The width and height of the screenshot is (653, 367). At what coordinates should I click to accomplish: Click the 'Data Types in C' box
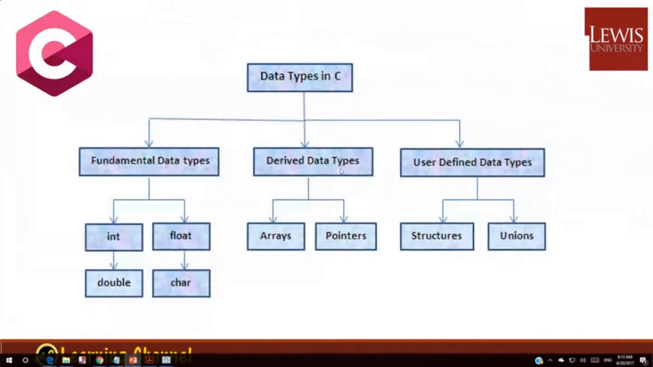click(x=299, y=77)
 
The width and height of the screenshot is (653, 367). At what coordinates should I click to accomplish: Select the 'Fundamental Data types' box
click(x=149, y=162)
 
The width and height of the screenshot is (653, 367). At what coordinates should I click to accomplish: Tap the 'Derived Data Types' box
click(x=313, y=162)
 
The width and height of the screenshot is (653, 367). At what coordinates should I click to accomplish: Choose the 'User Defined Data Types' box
click(x=472, y=163)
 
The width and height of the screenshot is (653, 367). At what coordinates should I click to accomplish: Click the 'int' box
click(x=114, y=237)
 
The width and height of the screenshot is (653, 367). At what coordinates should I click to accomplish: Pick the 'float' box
click(x=181, y=237)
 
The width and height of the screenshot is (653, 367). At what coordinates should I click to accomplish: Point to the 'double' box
click(x=114, y=283)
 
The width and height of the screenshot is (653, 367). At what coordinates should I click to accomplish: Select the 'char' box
click(x=181, y=283)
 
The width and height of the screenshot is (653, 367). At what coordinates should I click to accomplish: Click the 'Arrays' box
click(x=275, y=237)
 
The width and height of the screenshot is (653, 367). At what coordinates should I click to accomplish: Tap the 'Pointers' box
click(x=346, y=237)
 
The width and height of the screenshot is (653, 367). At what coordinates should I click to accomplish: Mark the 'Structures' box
click(x=437, y=237)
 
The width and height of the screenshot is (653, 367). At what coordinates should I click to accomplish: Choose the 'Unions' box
click(x=516, y=237)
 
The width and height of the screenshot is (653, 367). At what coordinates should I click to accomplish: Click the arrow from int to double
click(x=114, y=260)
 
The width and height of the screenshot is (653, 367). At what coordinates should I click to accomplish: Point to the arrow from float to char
click(x=185, y=260)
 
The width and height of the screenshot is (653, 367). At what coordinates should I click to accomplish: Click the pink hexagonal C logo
click(x=55, y=53)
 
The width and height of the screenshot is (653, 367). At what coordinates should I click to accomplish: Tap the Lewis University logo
click(x=616, y=39)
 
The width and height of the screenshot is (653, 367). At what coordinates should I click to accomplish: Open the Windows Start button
click(x=9, y=360)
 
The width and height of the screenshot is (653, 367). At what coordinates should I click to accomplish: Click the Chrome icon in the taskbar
click(x=99, y=360)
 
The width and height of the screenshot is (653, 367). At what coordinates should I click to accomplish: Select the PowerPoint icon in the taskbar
click(x=133, y=360)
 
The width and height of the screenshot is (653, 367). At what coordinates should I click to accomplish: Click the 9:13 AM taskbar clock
click(x=624, y=360)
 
